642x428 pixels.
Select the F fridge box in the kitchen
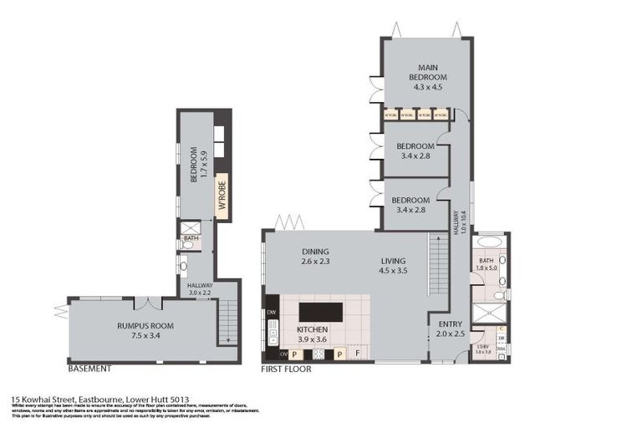tap(359, 354)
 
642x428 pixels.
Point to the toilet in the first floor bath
tap(497, 294)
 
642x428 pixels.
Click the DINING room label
tap(316, 252)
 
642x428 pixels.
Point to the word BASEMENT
tap(89, 368)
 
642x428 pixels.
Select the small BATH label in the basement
tap(191, 238)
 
